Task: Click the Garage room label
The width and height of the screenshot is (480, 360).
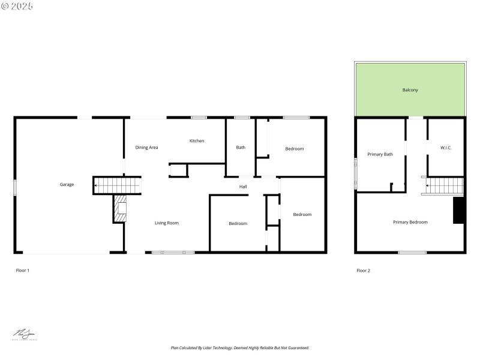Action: (67, 184)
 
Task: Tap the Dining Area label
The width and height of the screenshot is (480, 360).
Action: (146, 147)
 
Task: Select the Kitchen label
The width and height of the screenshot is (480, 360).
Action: (197, 141)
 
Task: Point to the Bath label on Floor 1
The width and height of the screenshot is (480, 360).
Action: (241, 147)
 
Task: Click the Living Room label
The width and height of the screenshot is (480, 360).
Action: (167, 223)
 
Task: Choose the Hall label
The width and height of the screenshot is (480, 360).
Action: (243, 187)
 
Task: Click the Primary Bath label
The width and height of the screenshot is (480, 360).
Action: (380, 154)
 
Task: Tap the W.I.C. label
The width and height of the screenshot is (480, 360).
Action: (446, 147)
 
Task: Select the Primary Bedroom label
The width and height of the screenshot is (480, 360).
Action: (410, 222)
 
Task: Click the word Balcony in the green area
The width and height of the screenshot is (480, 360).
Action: (410, 90)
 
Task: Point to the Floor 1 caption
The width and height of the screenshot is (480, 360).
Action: (22, 271)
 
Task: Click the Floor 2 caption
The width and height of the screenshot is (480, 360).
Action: (363, 271)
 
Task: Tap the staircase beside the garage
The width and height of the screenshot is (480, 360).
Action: (116, 185)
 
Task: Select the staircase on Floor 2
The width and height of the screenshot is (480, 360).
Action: (445, 185)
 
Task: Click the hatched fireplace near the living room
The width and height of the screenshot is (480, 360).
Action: (121, 209)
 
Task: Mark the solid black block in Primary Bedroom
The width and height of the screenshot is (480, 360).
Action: (459, 210)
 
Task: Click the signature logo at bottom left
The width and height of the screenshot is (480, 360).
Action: (25, 335)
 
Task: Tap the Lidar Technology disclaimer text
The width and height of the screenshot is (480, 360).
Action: (240, 348)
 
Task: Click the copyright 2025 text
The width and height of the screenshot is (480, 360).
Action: (17, 6)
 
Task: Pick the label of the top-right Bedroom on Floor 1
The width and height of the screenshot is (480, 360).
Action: (294, 149)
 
